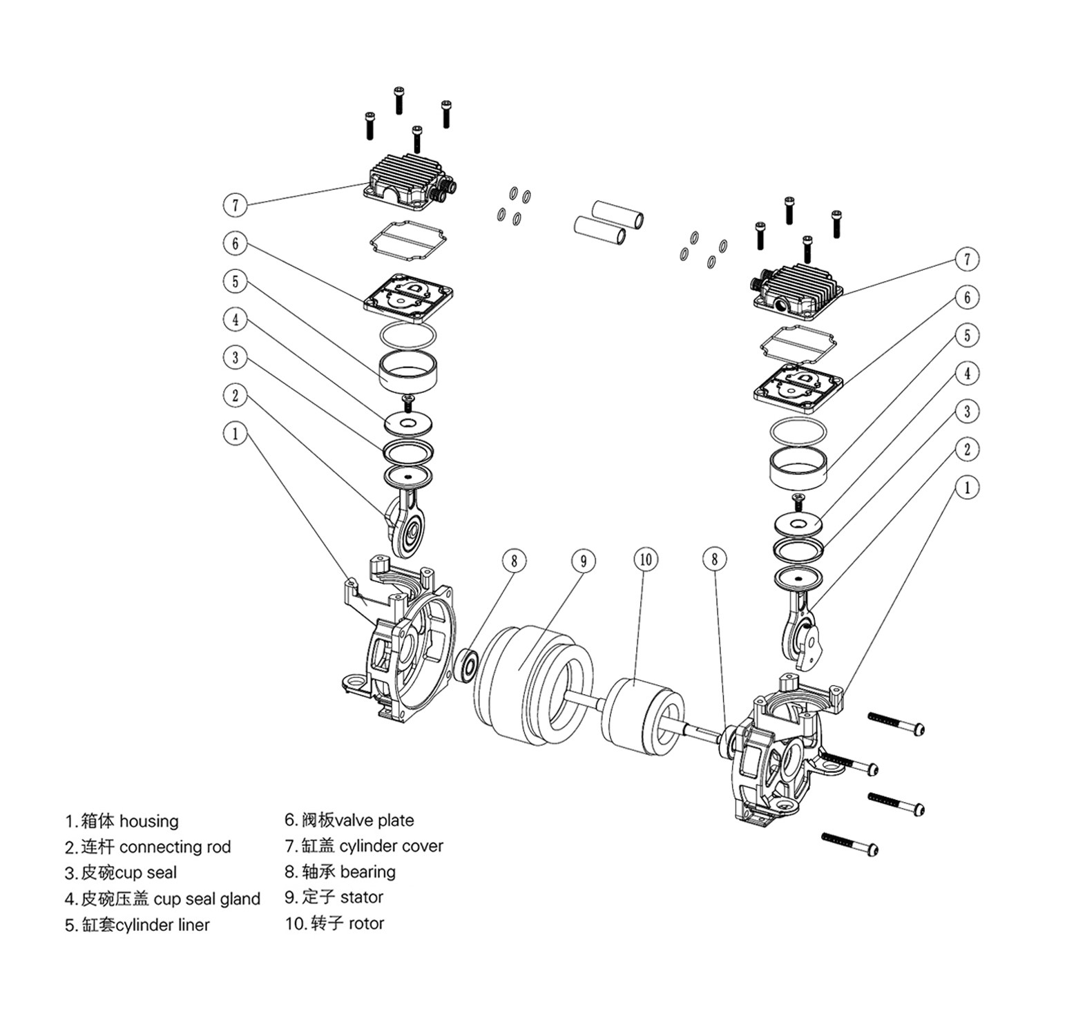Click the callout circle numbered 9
[x=584, y=561]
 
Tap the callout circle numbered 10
[x=646, y=559]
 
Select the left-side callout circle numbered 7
[x=236, y=205]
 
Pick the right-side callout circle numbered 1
[x=967, y=488]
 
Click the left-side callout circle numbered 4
[x=236, y=319]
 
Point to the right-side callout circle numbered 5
[x=967, y=336]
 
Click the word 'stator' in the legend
[x=361, y=897]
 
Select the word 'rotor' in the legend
[x=366, y=923]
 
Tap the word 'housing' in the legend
[x=148, y=821]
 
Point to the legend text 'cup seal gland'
[x=207, y=899]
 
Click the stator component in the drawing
[x=532, y=684]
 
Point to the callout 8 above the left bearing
[x=515, y=561]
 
